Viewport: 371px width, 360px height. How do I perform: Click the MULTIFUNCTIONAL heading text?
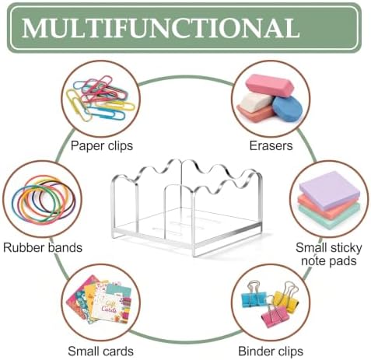click(x=161, y=28)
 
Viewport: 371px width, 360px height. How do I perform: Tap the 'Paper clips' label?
click(x=102, y=145)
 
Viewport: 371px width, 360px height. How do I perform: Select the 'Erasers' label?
click(x=271, y=145)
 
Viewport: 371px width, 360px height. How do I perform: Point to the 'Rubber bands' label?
click(x=43, y=247)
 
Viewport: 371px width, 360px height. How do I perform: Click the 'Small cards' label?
click(x=100, y=351)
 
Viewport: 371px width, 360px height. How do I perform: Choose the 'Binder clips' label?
click(x=271, y=351)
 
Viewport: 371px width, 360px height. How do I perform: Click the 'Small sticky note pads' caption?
click(x=329, y=254)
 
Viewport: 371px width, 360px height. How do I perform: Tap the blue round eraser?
click(x=287, y=109)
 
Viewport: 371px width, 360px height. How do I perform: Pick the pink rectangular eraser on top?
click(x=270, y=86)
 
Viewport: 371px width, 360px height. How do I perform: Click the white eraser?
click(x=256, y=103)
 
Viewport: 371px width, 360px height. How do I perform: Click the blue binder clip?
click(x=254, y=295)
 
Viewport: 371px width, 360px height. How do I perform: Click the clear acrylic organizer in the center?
click(x=187, y=208)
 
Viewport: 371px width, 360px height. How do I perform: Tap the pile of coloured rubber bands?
click(x=44, y=200)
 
